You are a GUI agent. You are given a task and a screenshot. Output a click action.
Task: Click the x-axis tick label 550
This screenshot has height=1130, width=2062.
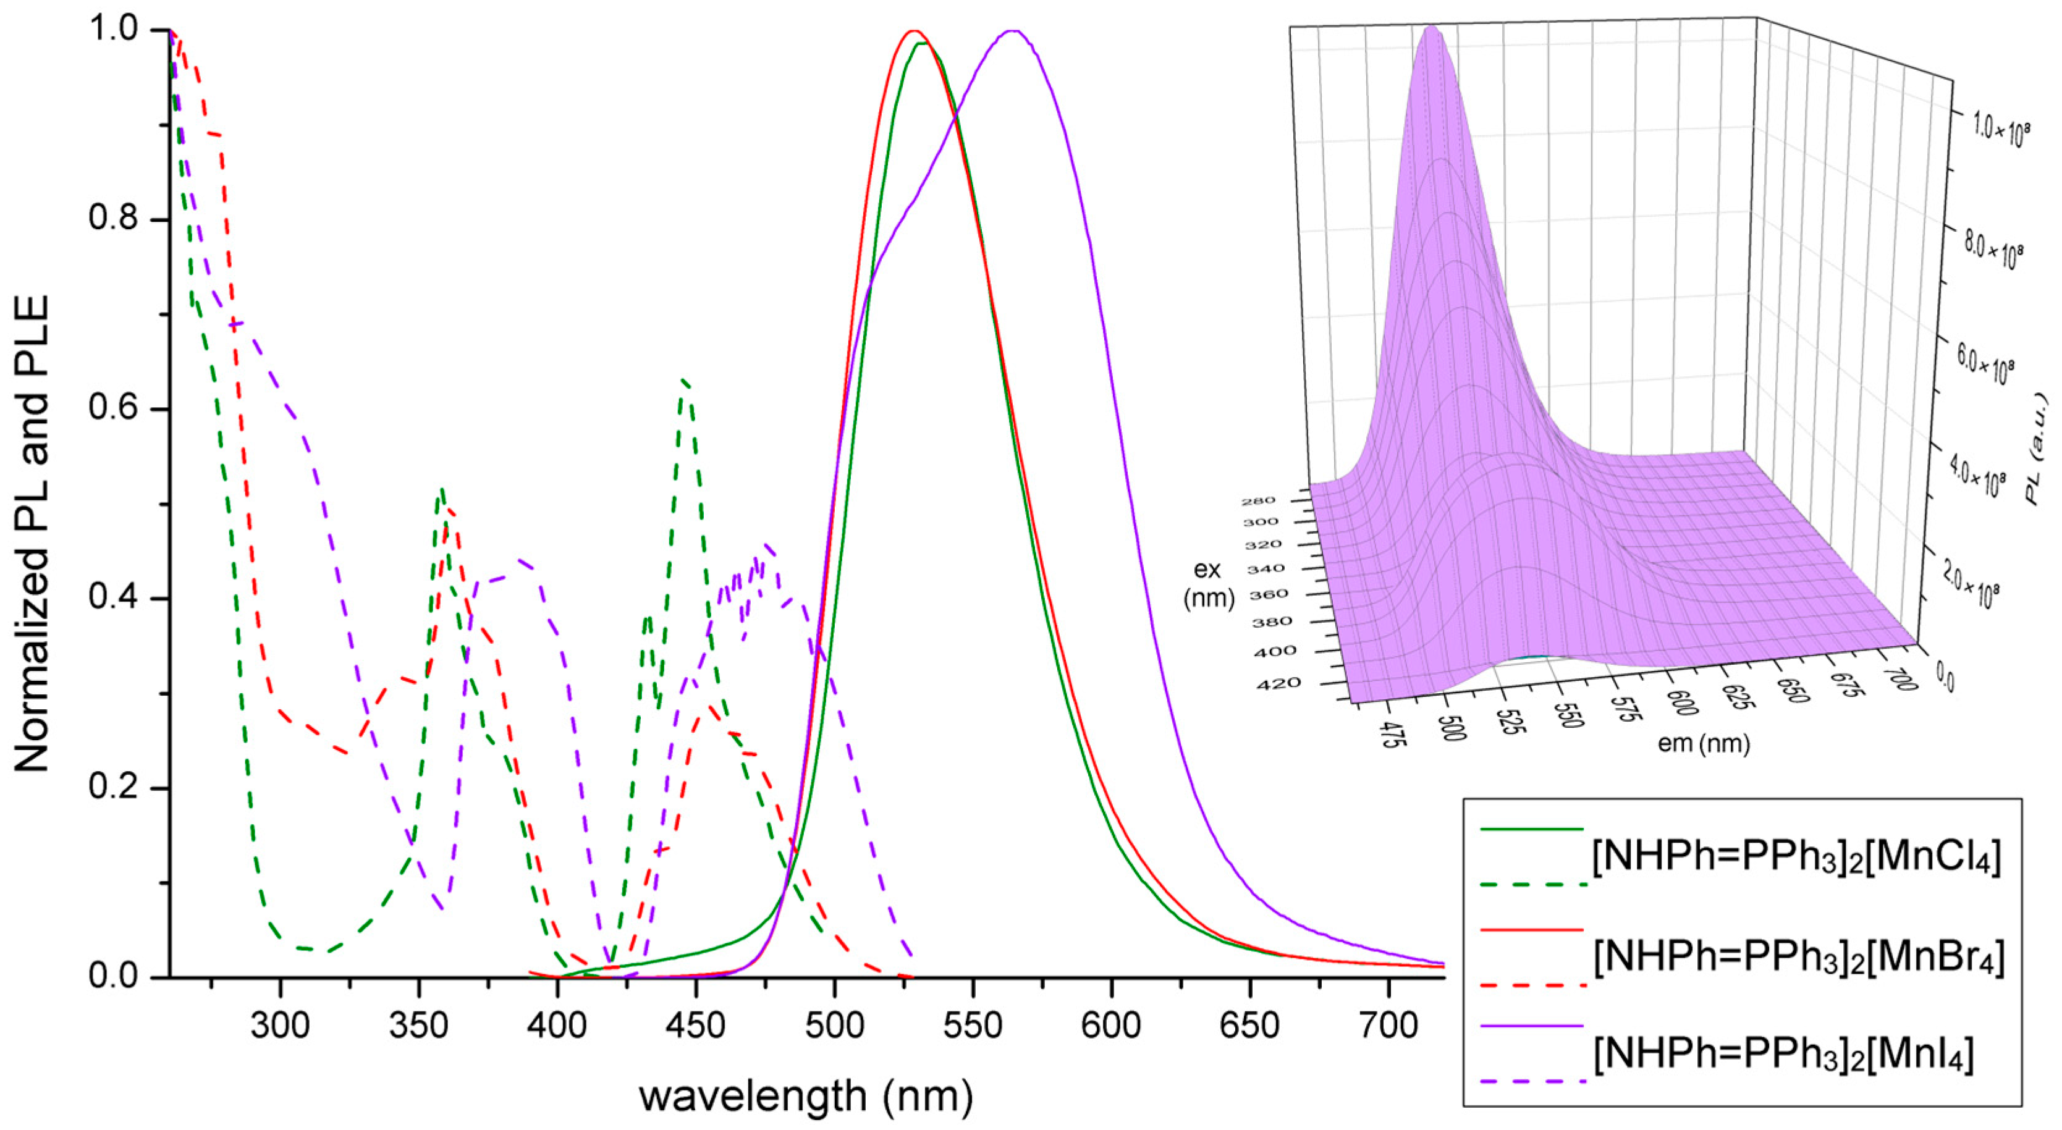[973, 1025]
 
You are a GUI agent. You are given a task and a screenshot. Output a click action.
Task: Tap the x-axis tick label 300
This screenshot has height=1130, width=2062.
[279, 1025]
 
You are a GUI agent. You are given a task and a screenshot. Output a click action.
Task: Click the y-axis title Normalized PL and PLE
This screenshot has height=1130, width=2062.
[33, 534]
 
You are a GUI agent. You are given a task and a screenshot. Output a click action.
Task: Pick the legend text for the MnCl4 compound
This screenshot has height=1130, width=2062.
[1796, 858]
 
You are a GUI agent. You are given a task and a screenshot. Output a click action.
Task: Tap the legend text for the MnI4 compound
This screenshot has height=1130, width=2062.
[1783, 1055]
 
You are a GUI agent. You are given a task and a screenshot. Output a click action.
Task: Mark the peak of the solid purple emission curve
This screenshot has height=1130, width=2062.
[1013, 32]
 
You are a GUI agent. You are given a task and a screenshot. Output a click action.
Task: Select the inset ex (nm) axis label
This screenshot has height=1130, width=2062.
[1207, 583]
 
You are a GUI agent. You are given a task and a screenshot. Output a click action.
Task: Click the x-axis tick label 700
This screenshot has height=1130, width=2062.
[1390, 1025]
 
